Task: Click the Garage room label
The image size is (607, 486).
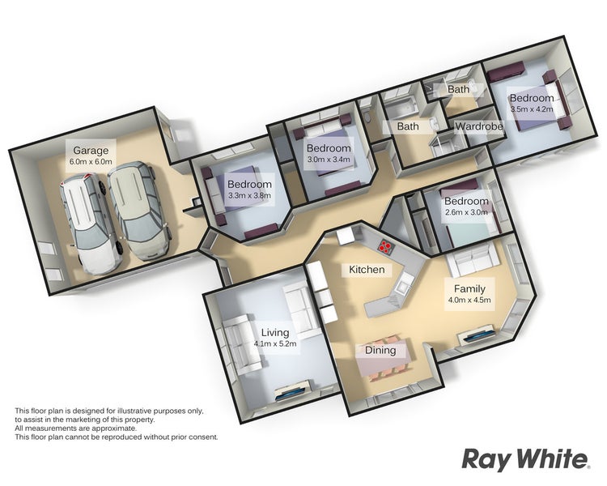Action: (91, 151)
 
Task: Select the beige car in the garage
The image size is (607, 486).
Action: (139, 210)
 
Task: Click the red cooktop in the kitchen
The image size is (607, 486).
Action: (385, 245)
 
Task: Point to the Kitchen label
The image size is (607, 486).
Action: (367, 270)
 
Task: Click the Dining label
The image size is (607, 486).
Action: (380, 351)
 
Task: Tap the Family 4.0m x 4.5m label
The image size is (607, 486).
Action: (469, 294)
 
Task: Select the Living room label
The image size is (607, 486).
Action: (275, 333)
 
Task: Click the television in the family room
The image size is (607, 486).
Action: (478, 335)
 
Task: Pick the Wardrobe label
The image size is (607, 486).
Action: (479, 126)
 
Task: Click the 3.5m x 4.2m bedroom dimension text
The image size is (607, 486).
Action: (532, 109)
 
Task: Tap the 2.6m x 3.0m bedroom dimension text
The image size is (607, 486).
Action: (466, 212)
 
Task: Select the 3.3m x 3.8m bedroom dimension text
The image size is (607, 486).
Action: (249, 195)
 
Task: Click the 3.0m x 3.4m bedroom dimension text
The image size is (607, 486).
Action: (329, 159)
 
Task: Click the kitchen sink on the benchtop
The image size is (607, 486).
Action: (401, 286)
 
